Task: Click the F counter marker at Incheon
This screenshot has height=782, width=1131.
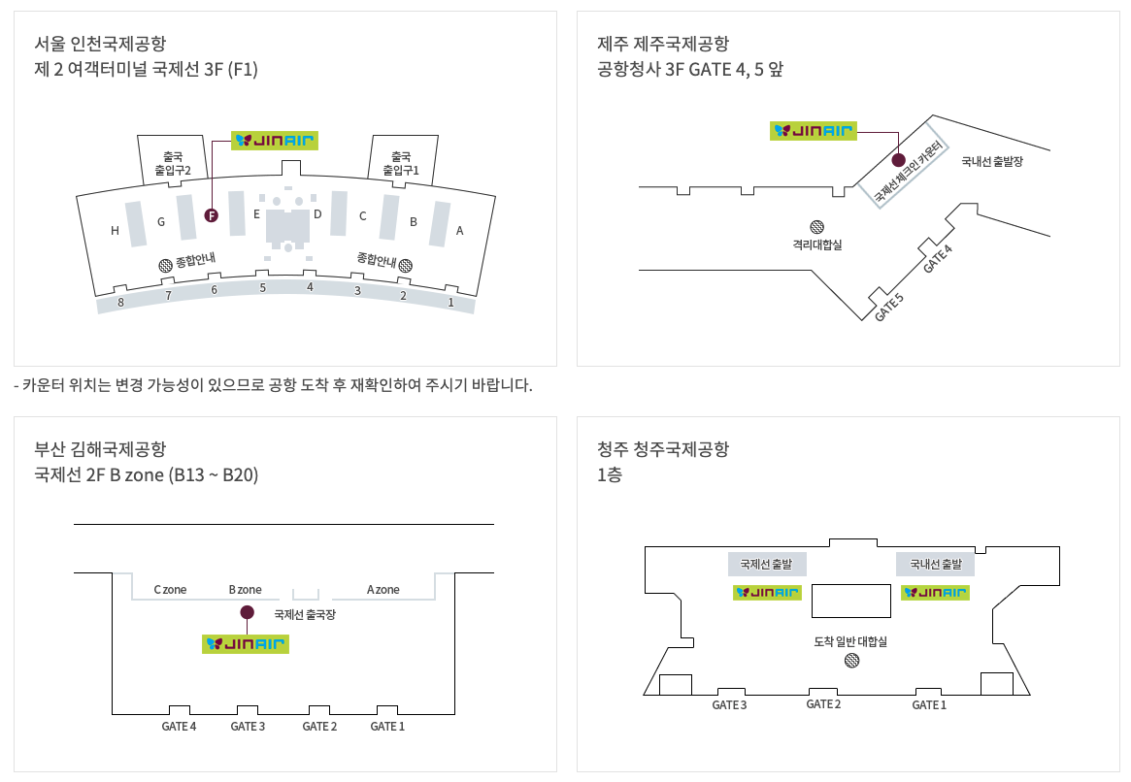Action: click(x=212, y=215)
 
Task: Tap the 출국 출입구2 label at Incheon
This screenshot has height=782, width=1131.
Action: click(x=173, y=163)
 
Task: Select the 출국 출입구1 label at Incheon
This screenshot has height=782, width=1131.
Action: click(x=401, y=163)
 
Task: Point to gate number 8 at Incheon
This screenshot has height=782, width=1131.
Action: click(x=120, y=302)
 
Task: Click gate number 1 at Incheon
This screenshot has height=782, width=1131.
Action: click(x=450, y=302)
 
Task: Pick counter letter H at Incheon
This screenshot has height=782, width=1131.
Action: click(x=115, y=231)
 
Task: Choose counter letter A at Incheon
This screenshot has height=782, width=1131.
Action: click(x=460, y=231)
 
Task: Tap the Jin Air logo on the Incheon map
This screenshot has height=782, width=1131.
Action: click(x=275, y=141)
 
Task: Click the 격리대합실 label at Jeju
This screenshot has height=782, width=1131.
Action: click(x=817, y=244)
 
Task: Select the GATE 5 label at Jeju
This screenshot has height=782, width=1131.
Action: click(x=889, y=307)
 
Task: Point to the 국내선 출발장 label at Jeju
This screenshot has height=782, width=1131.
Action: click(x=992, y=162)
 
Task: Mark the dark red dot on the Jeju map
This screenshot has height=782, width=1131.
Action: click(x=898, y=159)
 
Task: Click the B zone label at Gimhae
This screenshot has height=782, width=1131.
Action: click(x=246, y=590)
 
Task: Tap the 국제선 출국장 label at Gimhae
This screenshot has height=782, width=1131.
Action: click(x=305, y=614)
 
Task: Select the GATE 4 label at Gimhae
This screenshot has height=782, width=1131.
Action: click(x=179, y=727)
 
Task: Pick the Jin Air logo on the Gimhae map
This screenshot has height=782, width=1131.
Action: click(x=246, y=643)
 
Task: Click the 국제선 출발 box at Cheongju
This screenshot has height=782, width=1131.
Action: click(x=767, y=564)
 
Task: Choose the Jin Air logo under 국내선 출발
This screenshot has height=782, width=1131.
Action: click(x=936, y=592)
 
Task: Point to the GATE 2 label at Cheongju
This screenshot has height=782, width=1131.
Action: click(x=823, y=704)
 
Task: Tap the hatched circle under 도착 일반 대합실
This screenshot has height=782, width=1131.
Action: click(x=851, y=661)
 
